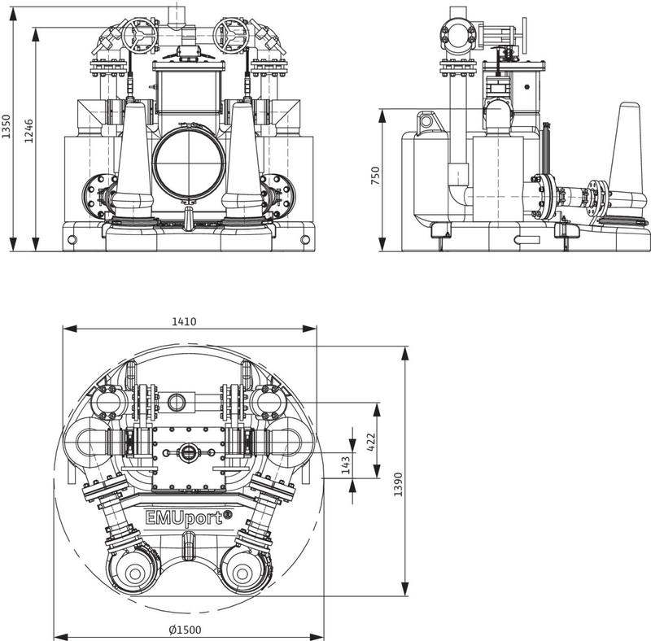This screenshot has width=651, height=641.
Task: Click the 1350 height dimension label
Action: point(6,127)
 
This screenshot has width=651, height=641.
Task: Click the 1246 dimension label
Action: point(28,131)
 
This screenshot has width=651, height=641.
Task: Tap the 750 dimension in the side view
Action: point(375,176)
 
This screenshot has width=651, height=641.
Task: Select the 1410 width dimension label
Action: point(184,322)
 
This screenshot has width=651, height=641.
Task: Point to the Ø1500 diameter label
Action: point(186,630)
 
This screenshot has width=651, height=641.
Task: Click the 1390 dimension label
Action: point(398,485)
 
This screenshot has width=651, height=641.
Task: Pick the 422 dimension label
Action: point(371,443)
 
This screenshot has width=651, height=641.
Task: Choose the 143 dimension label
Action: point(346,465)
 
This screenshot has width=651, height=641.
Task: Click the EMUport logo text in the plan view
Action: point(189,517)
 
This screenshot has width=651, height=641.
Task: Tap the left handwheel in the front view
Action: point(139,36)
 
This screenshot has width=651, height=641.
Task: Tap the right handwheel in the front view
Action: point(231,36)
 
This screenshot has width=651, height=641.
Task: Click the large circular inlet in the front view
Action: point(190,163)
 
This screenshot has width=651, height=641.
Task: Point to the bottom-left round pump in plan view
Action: point(135,573)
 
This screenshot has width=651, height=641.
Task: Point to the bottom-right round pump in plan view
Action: point(242,573)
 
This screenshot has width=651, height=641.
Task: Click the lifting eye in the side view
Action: point(426,122)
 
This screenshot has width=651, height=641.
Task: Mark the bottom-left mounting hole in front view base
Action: point(72,239)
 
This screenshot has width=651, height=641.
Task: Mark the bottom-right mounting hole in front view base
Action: point(305,239)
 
